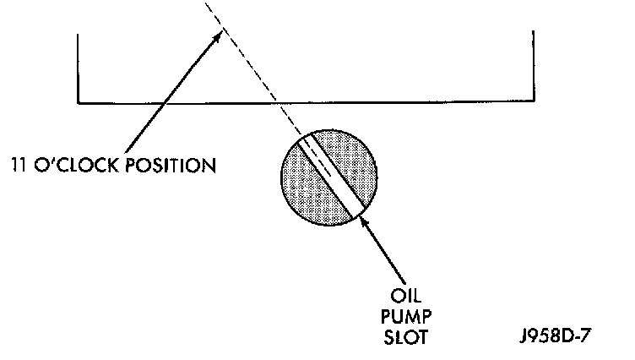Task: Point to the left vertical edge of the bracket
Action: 78,68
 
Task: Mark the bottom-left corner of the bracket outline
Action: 78,103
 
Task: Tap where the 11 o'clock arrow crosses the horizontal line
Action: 163,103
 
